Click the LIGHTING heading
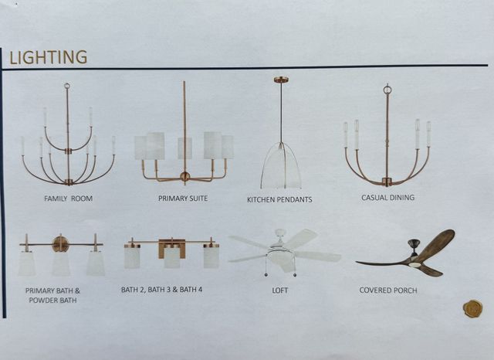[48, 57]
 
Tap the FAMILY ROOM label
[69, 199]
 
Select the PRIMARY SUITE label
[183, 199]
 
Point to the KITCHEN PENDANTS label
[279, 199]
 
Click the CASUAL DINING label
[387, 197]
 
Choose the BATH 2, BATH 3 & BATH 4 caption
[161, 290]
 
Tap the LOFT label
[279, 290]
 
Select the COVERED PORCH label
[388, 290]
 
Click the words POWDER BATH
[52, 300]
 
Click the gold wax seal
[472, 308]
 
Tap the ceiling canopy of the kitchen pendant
[280, 80]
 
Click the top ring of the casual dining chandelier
[387, 90]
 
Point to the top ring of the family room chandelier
[67, 86]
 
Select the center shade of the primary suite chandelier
[184, 148]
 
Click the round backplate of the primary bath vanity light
[61, 243]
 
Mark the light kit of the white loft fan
[281, 257]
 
